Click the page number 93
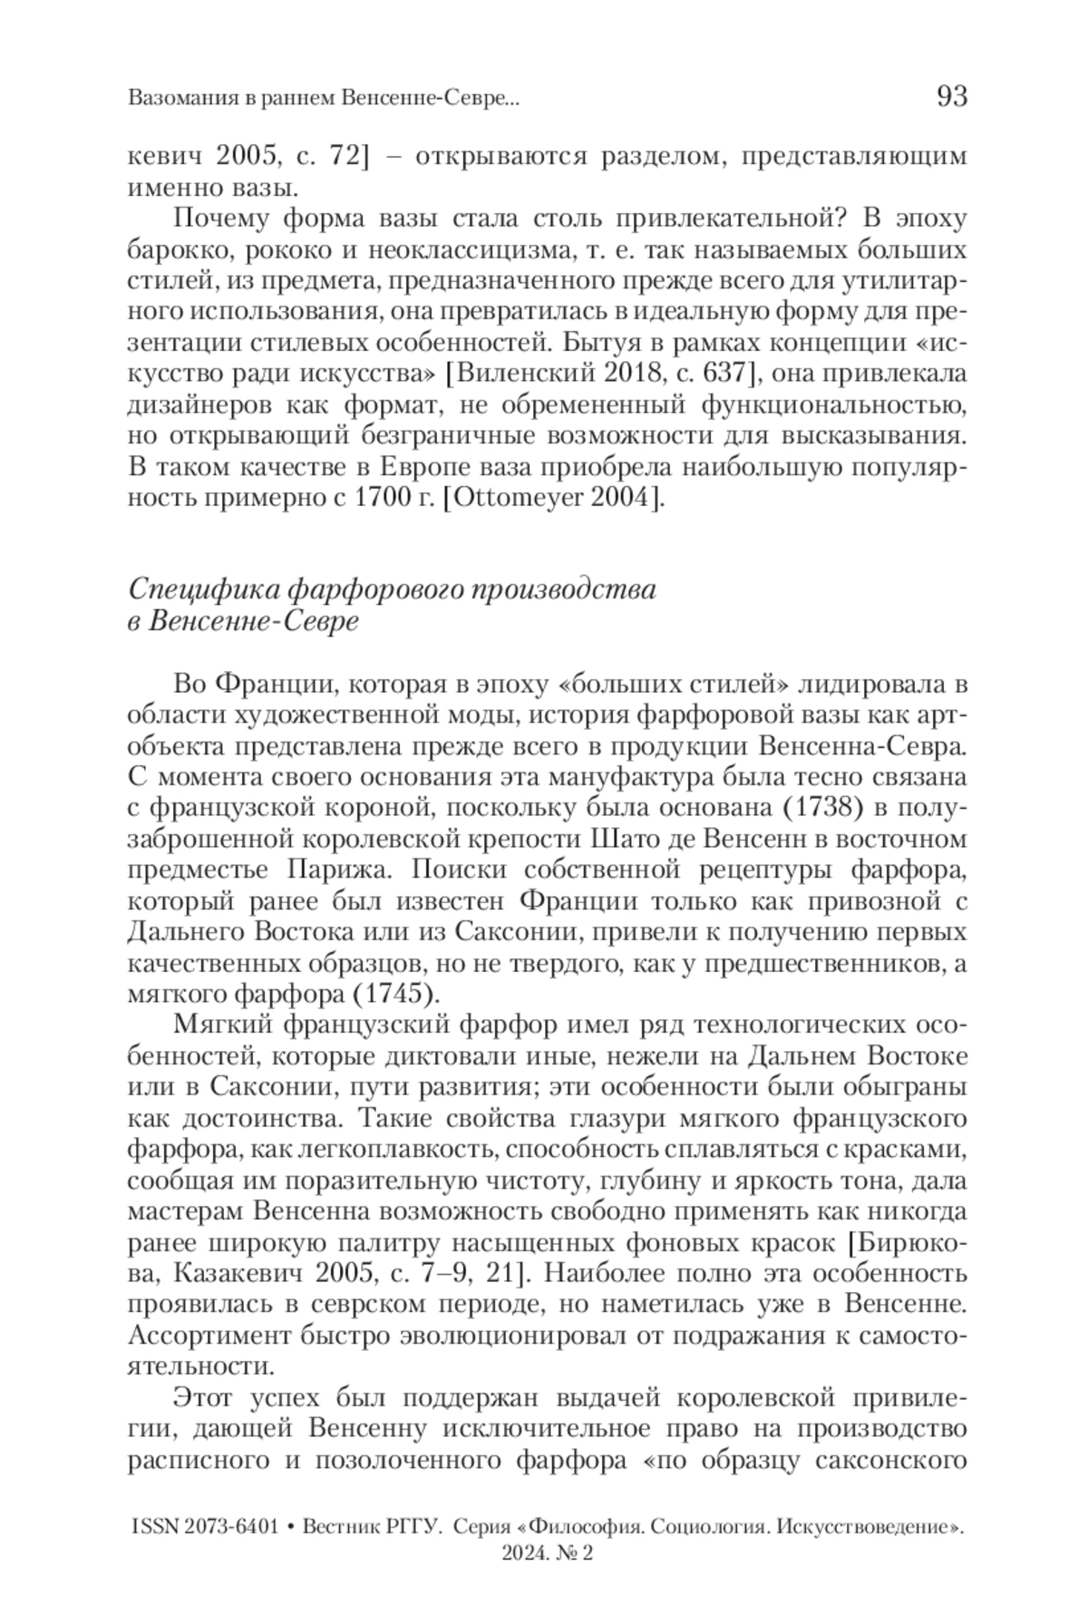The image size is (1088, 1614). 951,96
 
